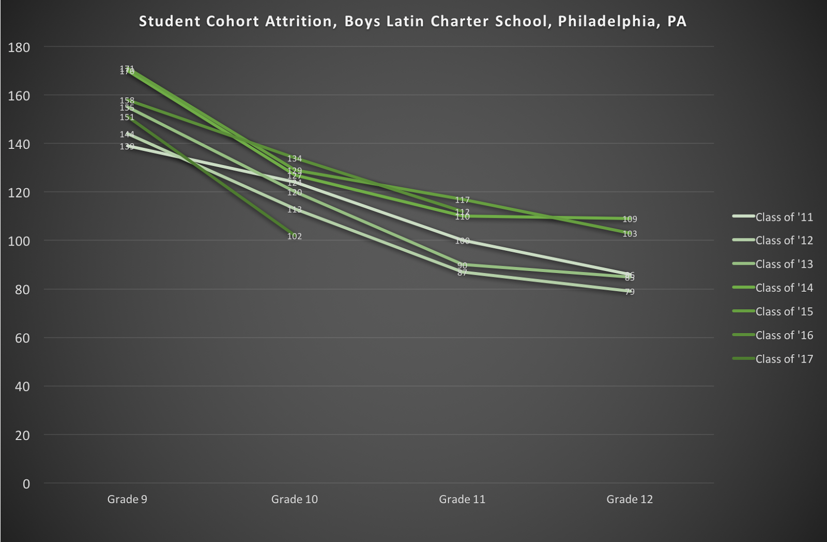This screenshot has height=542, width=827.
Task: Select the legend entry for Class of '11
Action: click(x=784, y=217)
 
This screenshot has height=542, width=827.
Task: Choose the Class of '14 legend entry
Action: click(x=784, y=288)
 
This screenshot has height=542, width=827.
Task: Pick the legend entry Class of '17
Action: click(x=784, y=359)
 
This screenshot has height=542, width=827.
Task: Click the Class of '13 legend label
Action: click(x=784, y=264)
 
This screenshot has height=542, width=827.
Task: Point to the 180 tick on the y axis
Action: click(x=19, y=47)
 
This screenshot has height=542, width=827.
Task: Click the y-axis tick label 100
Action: click(x=19, y=241)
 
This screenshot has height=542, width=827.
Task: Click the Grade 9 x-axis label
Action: click(x=127, y=500)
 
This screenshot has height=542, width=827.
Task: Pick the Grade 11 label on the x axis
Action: click(x=462, y=500)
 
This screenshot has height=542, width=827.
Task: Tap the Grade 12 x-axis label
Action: click(x=630, y=500)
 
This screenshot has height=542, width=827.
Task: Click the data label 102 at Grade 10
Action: click(x=295, y=236)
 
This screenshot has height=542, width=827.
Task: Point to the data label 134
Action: click(x=295, y=159)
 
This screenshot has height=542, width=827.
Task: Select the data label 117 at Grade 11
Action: click(x=462, y=200)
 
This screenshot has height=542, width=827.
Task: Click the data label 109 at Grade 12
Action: click(x=630, y=219)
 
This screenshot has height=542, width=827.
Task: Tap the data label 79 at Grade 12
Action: click(x=630, y=292)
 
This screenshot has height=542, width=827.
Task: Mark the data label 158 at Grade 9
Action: click(x=127, y=101)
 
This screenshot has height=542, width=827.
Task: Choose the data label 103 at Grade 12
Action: click(x=630, y=234)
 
